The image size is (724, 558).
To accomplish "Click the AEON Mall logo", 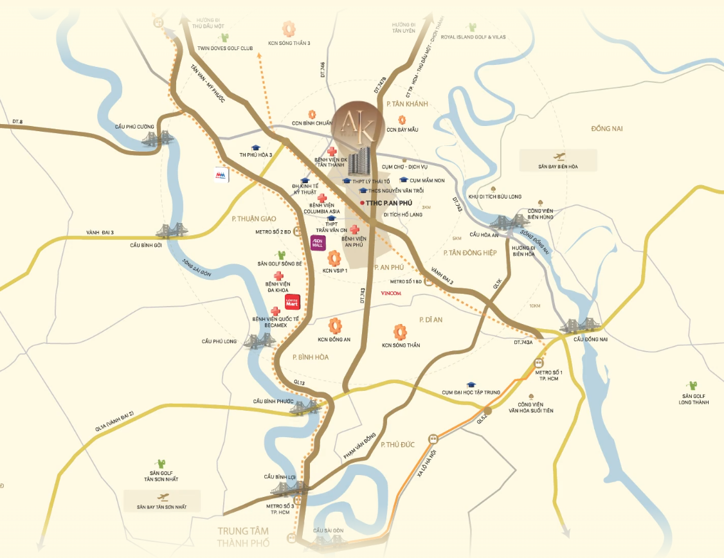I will (x=317, y=243).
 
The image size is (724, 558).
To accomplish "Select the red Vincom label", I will (x=391, y=293).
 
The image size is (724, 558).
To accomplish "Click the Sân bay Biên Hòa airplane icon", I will (x=557, y=156).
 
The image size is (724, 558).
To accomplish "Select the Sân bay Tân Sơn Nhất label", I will (x=161, y=507).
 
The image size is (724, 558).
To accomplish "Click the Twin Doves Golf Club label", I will (x=224, y=48).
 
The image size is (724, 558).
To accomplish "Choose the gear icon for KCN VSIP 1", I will (x=334, y=259).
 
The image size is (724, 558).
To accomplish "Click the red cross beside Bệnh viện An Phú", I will (x=354, y=229).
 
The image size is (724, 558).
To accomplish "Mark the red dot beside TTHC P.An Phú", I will (x=362, y=203).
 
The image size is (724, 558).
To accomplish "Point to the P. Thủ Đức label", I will (x=399, y=444).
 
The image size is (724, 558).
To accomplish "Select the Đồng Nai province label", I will (x=607, y=129).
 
